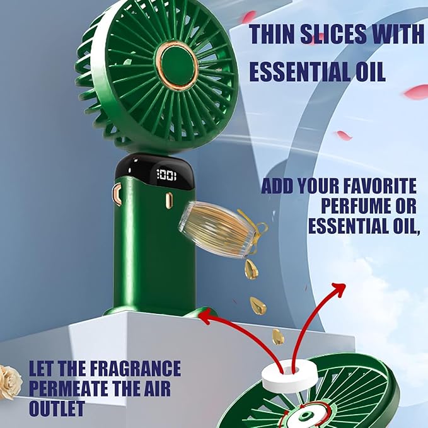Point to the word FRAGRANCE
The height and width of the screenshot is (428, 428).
point(135,369)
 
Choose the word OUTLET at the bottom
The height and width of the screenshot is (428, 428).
point(57,408)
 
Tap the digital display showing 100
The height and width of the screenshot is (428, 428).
point(166,175)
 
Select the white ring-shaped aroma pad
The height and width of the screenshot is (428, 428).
point(289,376)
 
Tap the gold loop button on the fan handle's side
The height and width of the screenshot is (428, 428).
point(117,195)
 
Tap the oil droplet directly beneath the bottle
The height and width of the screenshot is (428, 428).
point(252,269)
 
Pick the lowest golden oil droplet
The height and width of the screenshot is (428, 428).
point(278,337)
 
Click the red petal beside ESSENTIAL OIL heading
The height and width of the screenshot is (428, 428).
point(416,92)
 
